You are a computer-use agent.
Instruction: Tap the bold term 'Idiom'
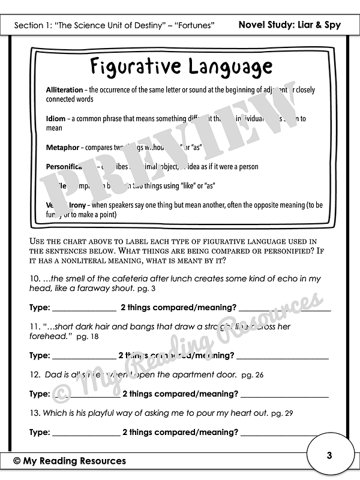(56, 119)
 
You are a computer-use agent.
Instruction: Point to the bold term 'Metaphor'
(63, 147)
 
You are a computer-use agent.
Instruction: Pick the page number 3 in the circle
(329, 455)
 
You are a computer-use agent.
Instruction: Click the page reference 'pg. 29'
(283, 413)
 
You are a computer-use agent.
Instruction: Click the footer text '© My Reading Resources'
(70, 461)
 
